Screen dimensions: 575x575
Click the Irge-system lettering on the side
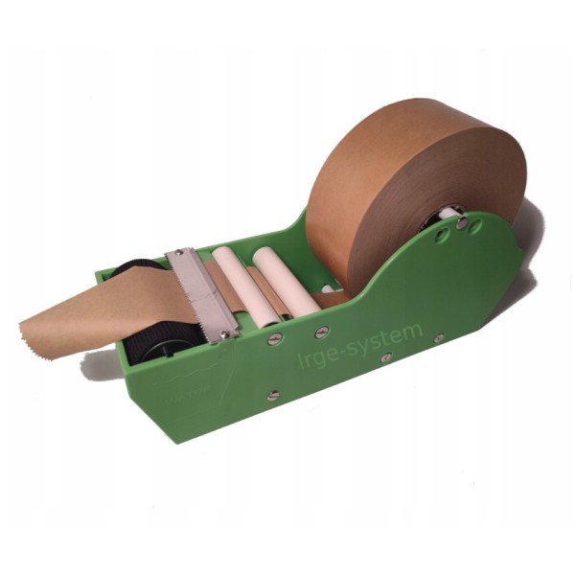coord(360,345)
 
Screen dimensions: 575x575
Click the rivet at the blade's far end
coord(179,252)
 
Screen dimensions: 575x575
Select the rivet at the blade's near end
coord(224,334)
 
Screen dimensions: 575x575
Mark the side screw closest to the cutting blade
coord(275,338)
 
